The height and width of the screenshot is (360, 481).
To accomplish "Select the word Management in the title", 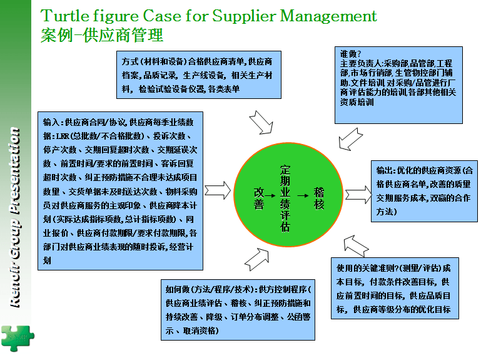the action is (328, 16).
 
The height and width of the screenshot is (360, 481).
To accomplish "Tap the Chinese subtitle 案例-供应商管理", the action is (102, 35).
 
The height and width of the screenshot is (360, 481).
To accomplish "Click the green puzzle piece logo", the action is (18, 338).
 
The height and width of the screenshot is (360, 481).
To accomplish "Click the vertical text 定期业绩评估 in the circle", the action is (285, 198).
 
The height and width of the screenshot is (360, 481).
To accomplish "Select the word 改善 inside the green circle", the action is (258, 198).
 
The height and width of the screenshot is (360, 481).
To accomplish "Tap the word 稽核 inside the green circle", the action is (319, 198).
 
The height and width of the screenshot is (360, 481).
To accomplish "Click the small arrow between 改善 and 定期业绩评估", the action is (270, 196).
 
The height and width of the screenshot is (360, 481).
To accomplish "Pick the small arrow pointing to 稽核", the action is (303, 196).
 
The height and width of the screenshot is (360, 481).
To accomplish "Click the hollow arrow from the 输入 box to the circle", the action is (218, 190).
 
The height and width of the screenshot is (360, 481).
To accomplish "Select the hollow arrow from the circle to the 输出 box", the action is (358, 195).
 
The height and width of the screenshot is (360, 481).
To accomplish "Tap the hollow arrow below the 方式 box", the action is (261, 123).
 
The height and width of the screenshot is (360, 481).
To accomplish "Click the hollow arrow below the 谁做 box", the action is (351, 139).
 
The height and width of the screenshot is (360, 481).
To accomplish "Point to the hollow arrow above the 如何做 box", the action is (256, 260).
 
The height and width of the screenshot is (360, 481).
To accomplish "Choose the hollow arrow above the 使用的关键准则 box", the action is (356, 246).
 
